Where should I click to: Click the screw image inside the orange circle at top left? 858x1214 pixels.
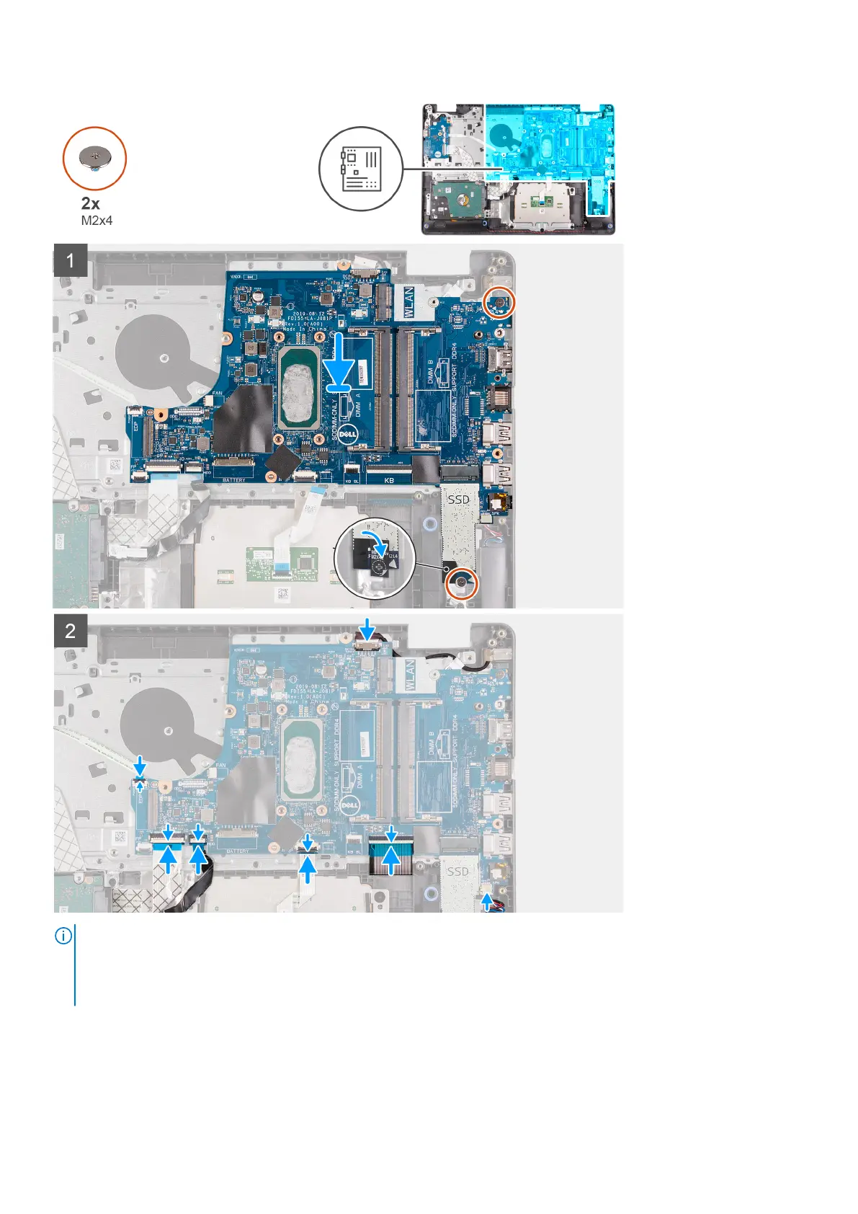[94, 156]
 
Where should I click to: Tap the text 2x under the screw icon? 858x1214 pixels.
[91, 204]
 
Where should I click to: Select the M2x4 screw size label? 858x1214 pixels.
[97, 221]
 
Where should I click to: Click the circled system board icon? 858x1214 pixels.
[361, 169]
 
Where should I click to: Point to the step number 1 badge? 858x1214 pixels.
[71, 260]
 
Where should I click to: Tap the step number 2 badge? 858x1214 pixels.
[71, 632]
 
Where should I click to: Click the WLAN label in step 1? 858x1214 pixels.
[408, 303]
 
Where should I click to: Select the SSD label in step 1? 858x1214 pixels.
[459, 499]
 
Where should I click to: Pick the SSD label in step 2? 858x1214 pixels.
[457, 872]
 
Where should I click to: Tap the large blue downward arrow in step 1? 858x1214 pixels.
[338, 363]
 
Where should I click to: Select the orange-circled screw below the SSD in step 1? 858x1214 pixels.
[461, 584]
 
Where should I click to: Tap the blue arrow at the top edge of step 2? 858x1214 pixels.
[369, 629]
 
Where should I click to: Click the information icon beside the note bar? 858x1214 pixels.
[63, 936]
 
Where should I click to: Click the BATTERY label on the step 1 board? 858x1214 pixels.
[234, 479]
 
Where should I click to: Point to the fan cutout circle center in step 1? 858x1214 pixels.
[166, 355]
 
